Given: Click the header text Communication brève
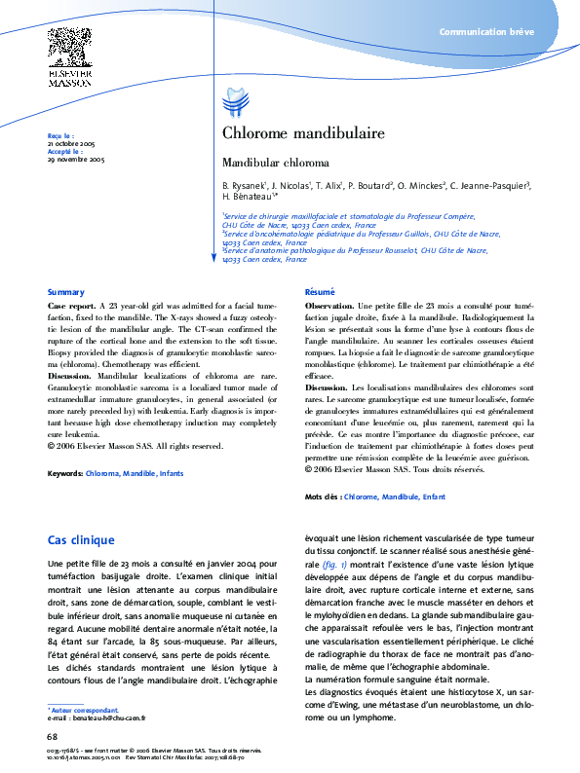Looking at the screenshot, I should coord(485,33).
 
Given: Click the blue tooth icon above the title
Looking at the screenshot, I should coord(233,100).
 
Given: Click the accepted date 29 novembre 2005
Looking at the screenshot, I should coord(76,159).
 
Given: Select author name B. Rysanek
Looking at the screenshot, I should coord(243,184).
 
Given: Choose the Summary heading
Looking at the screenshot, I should coord(65,292).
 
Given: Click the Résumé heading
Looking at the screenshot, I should coord(320,292).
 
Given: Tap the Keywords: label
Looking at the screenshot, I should coord(65,473).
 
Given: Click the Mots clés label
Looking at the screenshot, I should coord(323,497).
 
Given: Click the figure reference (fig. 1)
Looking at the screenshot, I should coord(336,564).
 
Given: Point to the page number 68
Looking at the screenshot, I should coord(53,737).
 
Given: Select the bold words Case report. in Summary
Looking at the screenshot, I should coord(71,306).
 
